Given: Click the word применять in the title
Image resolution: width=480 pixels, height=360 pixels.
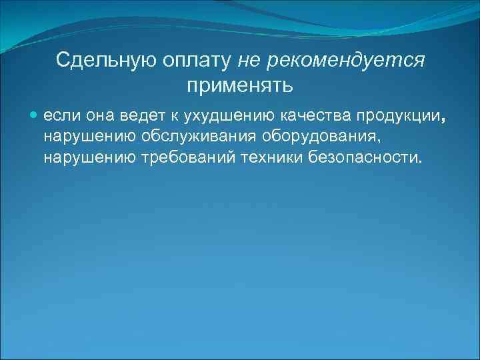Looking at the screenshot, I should (x=239, y=85).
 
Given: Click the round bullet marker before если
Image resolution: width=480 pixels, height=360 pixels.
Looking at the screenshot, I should (x=34, y=117).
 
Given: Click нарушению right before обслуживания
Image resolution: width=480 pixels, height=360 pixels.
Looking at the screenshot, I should (x=85, y=138).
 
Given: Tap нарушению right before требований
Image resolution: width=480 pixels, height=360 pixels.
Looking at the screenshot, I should (x=85, y=159).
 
